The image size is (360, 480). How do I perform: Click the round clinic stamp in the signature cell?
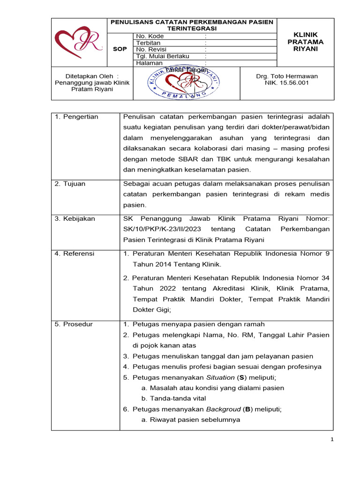click(187, 83)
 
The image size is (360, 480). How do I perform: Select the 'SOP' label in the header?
click(120, 49)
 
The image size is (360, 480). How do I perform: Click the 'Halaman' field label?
click(149, 63)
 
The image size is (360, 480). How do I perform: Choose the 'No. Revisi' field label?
click(151, 49)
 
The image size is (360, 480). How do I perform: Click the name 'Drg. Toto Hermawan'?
click(287, 76)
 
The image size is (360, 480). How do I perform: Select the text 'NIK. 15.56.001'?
click(287, 83)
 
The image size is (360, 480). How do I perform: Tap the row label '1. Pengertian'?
click(76, 117)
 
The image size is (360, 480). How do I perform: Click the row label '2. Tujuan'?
click(70, 184)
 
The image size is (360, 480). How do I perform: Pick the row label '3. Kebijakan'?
click(75, 218)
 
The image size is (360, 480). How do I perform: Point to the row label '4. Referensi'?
click(75, 254)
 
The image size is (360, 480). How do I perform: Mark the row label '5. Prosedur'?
click(74, 324)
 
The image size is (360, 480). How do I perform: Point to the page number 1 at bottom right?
click(332, 439)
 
